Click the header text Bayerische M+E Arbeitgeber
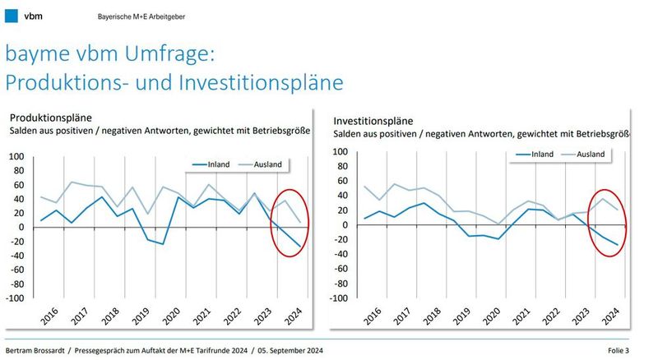click(154, 16)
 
